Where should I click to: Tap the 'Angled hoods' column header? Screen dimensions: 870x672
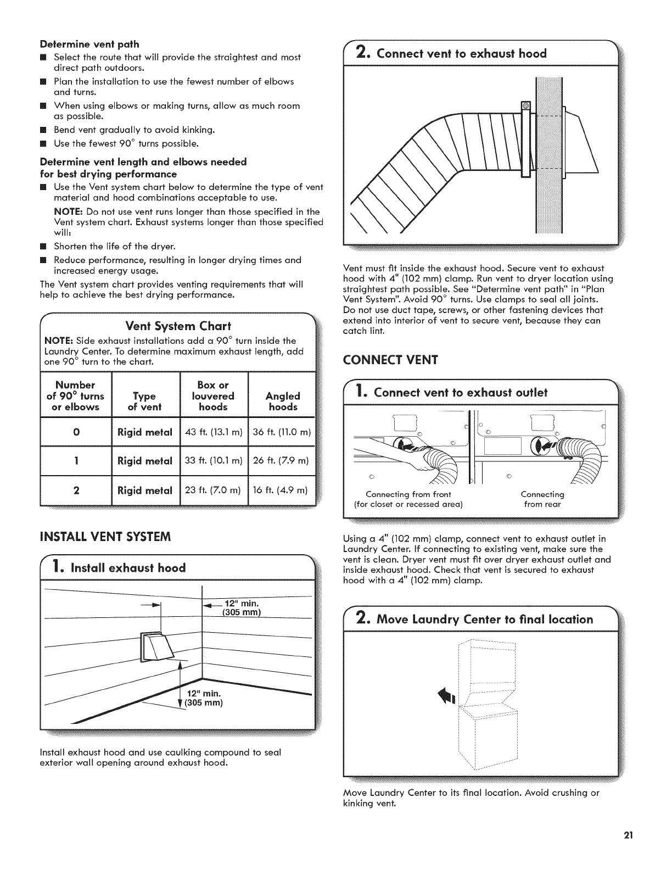click(x=283, y=401)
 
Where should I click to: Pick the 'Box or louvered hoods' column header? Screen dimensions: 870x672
click(x=214, y=396)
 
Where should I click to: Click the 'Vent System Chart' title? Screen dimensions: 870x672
click(x=178, y=326)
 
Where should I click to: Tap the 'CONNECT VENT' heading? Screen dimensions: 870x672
click(x=390, y=360)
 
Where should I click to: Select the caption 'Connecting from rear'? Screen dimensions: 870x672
click(x=542, y=499)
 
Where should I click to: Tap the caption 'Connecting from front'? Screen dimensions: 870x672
click(x=408, y=499)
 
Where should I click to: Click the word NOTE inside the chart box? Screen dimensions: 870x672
click(x=56, y=341)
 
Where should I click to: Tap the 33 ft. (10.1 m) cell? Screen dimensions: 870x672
click(x=214, y=460)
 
